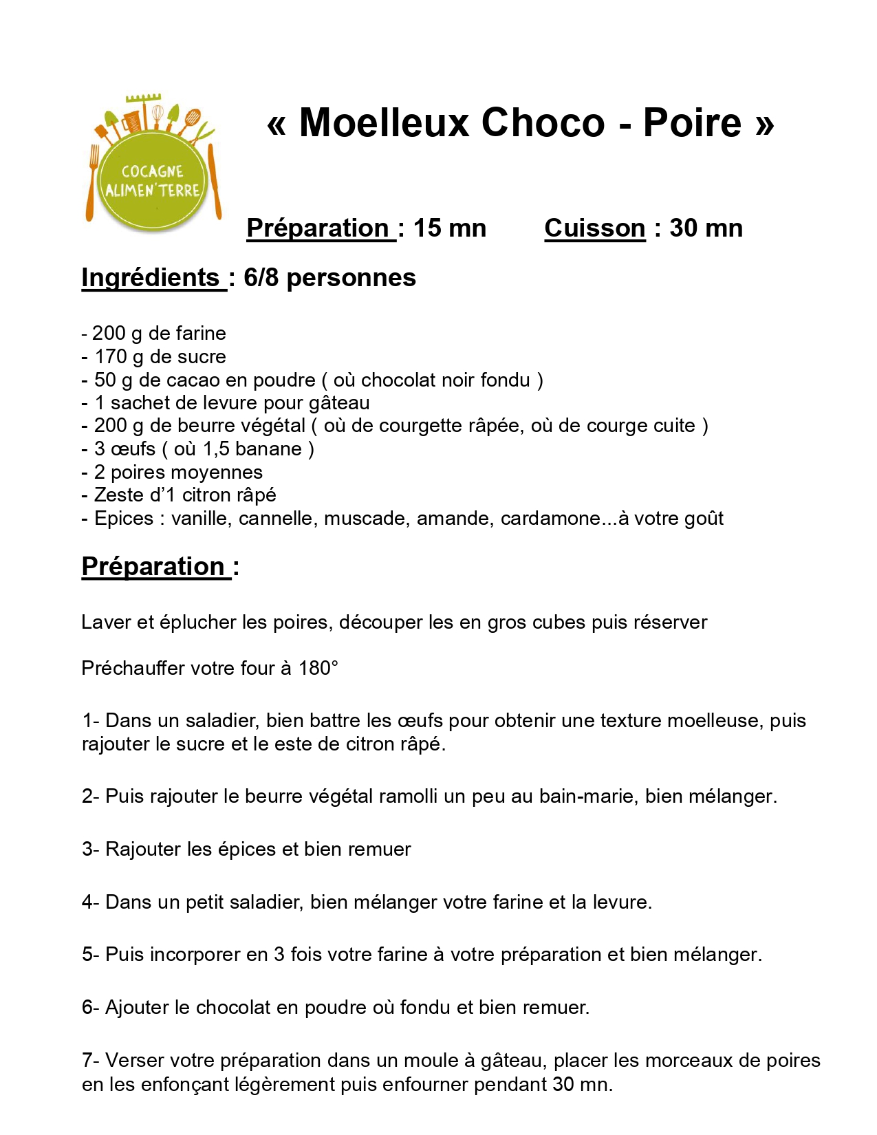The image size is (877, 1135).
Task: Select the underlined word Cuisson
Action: tap(594, 228)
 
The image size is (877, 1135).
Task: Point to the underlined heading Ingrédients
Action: tap(151, 278)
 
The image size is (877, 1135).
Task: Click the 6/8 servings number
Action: tap(261, 278)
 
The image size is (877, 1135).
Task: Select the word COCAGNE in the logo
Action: tap(152, 171)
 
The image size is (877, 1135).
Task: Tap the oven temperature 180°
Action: tap(318, 668)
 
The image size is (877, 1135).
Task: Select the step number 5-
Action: tap(91, 955)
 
